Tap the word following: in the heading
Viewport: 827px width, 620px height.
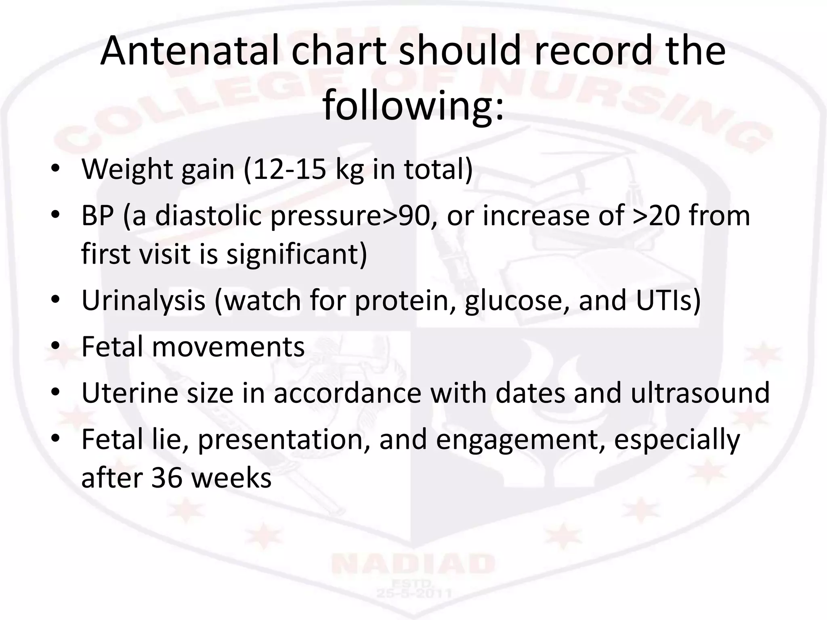click(x=413, y=106)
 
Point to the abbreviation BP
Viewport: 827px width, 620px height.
click(x=97, y=216)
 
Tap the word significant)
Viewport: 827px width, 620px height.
click(x=297, y=254)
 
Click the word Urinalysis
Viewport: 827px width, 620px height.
click(x=143, y=300)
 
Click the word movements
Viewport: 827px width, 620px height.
click(x=228, y=347)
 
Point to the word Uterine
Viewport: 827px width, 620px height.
click(x=130, y=393)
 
